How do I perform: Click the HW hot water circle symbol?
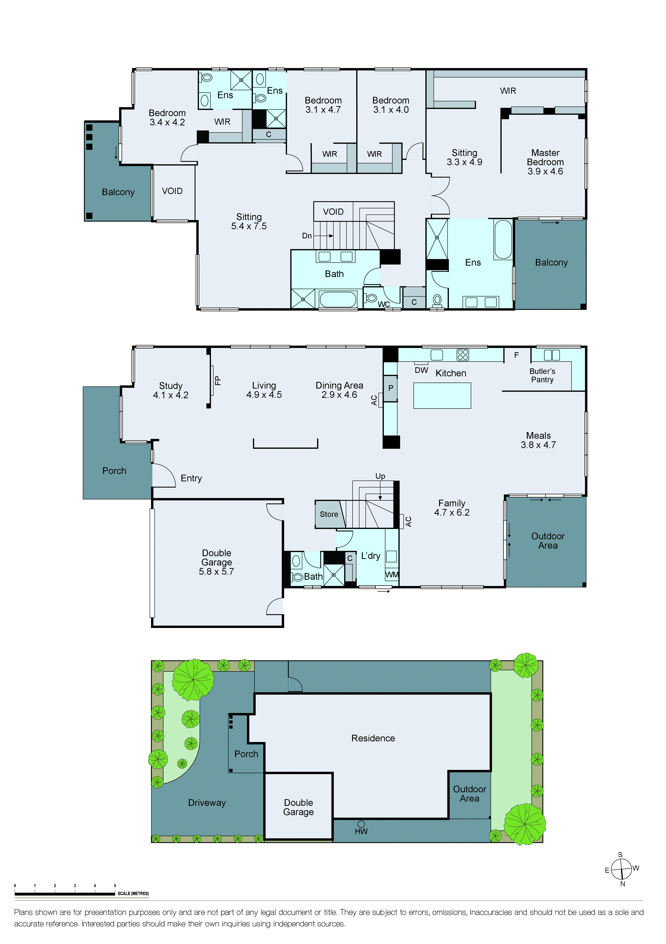[x=361, y=824]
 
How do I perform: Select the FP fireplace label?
[x=218, y=380]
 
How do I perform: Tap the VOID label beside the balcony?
[x=172, y=191]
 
